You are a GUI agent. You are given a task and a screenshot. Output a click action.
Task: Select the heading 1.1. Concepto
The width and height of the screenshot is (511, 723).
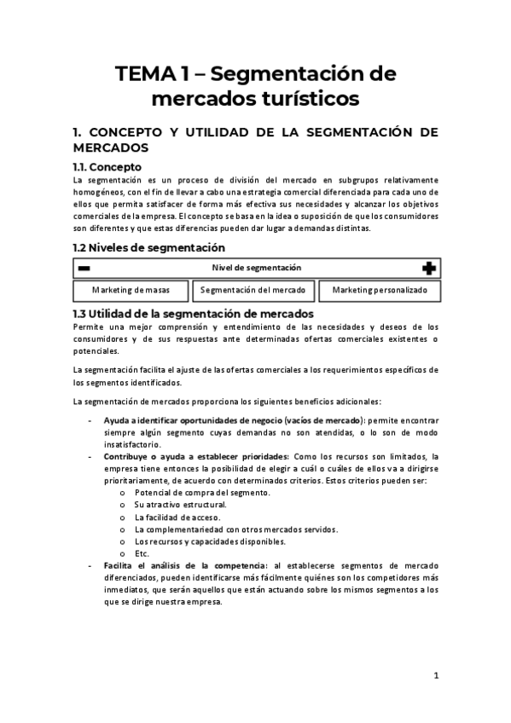[x=107, y=166]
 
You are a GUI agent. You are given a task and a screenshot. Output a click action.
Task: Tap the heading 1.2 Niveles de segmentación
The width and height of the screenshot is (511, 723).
[x=149, y=247]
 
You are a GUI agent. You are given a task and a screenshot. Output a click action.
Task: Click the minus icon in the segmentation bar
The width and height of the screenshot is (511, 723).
[x=84, y=268]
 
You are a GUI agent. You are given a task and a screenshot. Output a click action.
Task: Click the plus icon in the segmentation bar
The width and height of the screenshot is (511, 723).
[x=428, y=268]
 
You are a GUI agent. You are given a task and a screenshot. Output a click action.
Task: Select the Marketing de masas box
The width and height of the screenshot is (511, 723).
[x=131, y=290]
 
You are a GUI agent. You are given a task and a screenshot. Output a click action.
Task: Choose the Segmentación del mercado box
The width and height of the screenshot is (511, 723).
[x=257, y=290]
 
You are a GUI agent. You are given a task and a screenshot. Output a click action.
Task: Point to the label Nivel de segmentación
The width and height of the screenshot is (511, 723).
[x=257, y=268]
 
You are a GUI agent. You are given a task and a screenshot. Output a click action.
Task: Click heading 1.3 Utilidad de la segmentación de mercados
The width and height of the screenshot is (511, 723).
[x=195, y=314]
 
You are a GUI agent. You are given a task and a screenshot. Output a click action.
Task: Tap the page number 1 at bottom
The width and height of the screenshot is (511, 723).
[x=436, y=676]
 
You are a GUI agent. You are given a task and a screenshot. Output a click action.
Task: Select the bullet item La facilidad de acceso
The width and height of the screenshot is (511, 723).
[x=177, y=517]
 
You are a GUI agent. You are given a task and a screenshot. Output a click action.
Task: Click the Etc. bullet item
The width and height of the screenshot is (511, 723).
[x=143, y=552]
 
